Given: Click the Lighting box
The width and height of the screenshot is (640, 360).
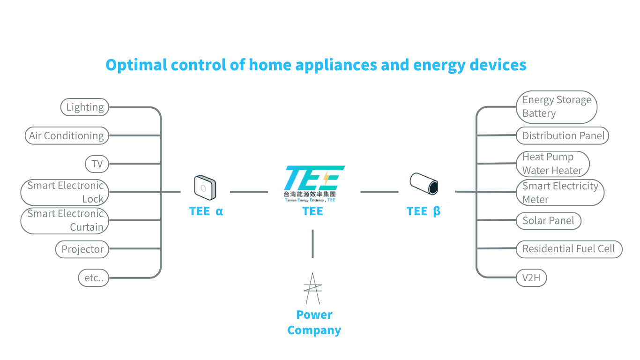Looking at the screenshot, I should [85, 107].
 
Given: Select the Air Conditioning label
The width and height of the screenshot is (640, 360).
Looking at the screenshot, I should [67, 136].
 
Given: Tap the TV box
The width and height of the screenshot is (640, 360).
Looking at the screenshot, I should [97, 164].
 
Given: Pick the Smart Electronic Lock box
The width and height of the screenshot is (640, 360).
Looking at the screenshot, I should [65, 192].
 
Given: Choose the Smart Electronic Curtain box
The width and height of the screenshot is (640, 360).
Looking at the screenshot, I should [65, 220].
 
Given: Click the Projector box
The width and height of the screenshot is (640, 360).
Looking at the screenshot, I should [82, 249].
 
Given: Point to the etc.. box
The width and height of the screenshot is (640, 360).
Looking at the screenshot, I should [94, 278].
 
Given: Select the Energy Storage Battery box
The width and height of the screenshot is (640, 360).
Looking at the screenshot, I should [557, 107].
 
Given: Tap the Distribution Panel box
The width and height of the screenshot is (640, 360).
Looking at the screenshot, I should [563, 136].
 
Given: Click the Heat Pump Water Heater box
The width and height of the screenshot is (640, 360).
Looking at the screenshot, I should [552, 164].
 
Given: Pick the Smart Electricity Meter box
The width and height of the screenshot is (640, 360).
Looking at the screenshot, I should [560, 192].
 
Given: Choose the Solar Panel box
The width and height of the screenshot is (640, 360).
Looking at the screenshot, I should [548, 221].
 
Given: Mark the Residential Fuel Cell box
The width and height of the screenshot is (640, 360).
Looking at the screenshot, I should [569, 249].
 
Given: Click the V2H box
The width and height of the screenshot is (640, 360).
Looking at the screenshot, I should [531, 278].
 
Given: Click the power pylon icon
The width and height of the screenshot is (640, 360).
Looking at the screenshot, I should [313, 288].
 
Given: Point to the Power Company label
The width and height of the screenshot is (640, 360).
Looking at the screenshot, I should [314, 322].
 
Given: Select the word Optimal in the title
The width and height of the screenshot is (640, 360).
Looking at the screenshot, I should [136, 65].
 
